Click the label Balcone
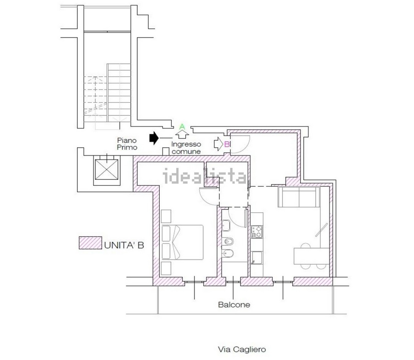click(234, 305)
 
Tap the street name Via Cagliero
click(242, 349)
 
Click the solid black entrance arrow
click(154, 138)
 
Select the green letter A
click(182, 127)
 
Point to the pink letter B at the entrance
click(227, 144)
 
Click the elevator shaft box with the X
click(106, 170)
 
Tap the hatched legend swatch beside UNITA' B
click(90, 243)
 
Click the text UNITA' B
click(124, 245)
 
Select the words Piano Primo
click(127, 144)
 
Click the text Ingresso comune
click(186, 148)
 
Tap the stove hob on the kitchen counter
click(257, 232)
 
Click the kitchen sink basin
click(257, 258)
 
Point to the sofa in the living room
click(299, 197)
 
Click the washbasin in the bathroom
click(226, 226)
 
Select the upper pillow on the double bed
click(166, 233)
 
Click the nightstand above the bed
click(166, 216)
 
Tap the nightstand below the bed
click(166, 268)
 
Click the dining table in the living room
click(312, 256)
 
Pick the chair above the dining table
click(305, 245)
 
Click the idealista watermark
click(206, 176)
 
